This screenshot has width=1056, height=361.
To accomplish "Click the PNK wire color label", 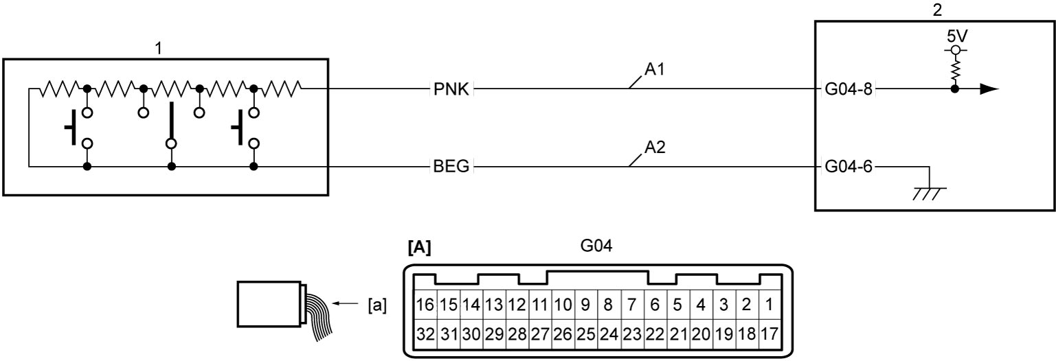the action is click(451, 89).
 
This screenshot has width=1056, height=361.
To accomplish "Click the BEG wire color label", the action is click(451, 166).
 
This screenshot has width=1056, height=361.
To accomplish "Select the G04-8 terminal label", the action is click(849, 89).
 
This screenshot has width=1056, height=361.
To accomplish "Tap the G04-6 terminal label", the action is click(849, 166).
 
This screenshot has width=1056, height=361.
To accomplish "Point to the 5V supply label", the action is click(957, 36).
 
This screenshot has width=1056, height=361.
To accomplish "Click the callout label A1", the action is click(655, 69).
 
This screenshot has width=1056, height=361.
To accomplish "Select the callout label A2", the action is click(655, 148).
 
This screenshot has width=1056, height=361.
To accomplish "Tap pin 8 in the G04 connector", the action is click(608, 305).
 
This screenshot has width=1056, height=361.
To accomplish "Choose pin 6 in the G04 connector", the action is click(654, 305).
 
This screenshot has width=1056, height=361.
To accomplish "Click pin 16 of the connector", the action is click(425, 305).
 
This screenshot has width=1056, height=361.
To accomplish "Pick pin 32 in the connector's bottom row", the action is click(425, 334).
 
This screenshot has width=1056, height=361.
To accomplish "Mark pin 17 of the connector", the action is click(769, 334).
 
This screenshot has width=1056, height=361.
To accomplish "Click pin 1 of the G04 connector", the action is click(769, 305).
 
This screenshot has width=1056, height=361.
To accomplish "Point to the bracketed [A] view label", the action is click(419, 247).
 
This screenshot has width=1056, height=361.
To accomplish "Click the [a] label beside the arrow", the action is click(377, 305).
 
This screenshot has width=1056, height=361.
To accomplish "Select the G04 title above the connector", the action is click(596, 245).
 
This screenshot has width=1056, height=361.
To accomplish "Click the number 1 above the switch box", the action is click(159, 48).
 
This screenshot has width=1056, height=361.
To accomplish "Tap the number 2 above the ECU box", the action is click(937, 10).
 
